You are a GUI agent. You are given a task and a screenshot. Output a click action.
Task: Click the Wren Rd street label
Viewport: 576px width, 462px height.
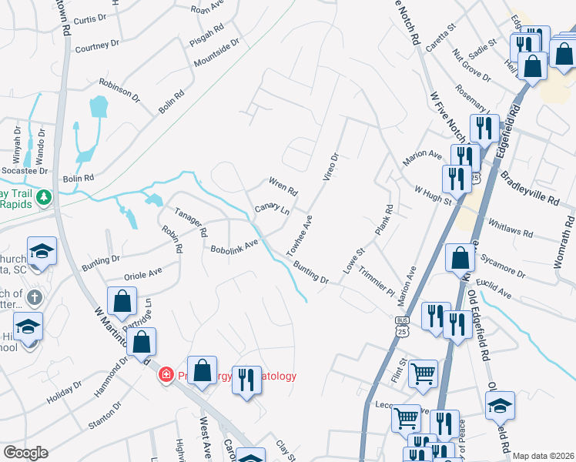[283, 186]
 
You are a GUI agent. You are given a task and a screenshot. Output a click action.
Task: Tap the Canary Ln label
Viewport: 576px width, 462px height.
[271, 210]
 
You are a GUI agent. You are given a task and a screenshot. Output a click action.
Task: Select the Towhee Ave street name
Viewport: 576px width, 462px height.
[299, 236]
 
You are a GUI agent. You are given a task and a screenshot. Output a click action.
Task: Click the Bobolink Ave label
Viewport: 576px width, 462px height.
[235, 246]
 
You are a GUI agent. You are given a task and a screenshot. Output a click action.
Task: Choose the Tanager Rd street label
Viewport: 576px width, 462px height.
[191, 223]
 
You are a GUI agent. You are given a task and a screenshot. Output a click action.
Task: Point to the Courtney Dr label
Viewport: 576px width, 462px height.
[97, 48]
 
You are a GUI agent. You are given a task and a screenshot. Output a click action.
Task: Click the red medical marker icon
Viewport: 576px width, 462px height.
[166, 376]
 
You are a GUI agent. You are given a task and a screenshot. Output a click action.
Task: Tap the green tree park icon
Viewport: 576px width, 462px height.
[45, 198]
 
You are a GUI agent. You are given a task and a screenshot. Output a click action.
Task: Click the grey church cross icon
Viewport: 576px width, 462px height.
[34, 297]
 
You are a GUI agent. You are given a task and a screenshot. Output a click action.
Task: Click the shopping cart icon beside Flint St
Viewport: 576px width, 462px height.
[423, 373]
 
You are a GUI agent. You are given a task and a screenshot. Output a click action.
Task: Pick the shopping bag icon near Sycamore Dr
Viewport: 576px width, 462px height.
[460, 257]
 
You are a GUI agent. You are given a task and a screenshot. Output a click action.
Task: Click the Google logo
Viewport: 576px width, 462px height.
[25, 453]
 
